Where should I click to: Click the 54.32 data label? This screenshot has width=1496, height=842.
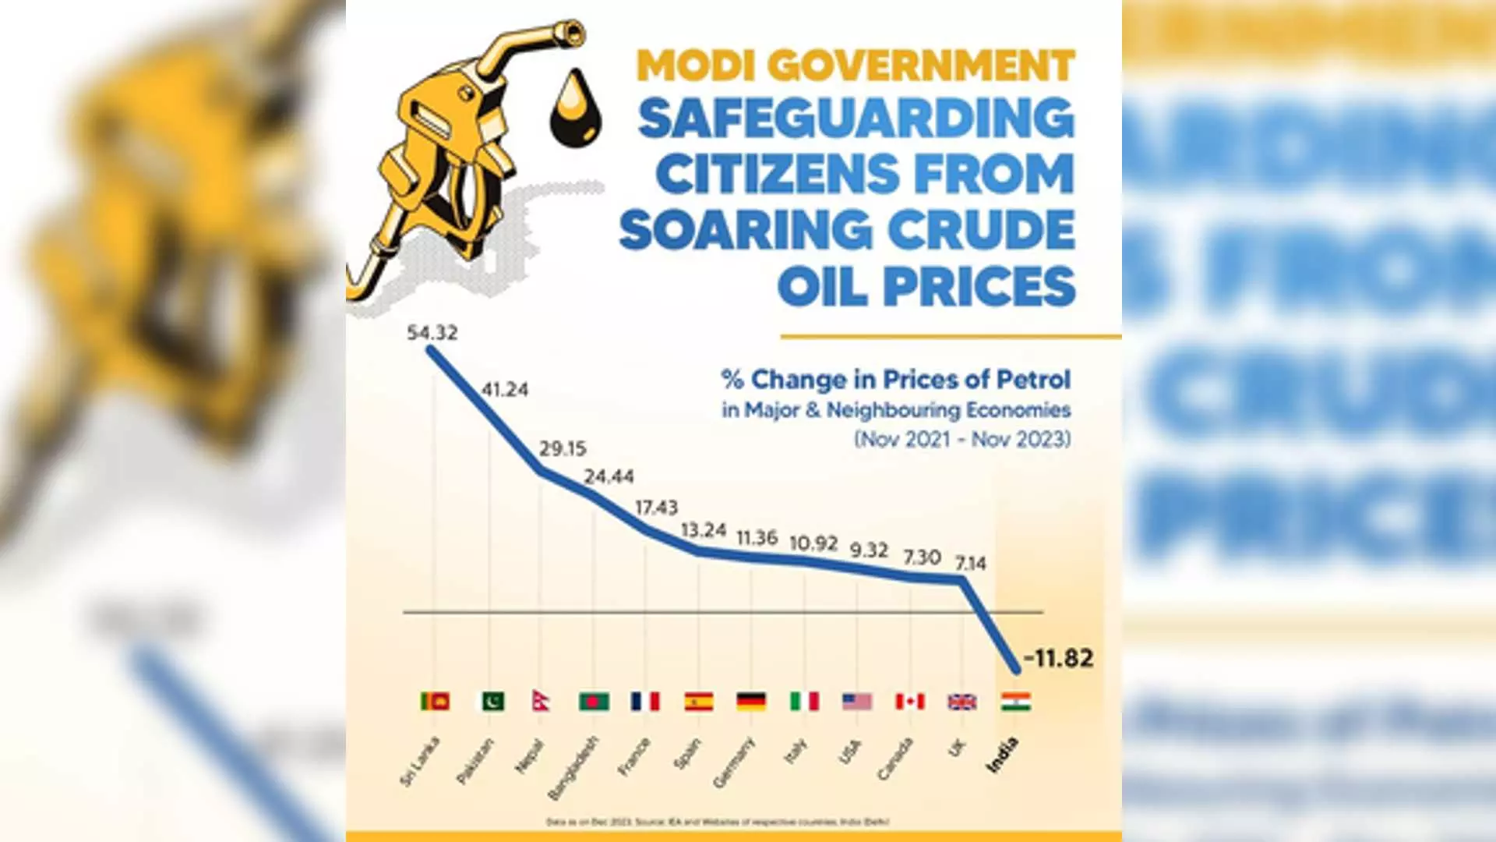(432, 333)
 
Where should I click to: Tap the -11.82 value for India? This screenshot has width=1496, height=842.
(1059, 658)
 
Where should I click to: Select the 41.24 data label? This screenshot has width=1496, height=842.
(505, 389)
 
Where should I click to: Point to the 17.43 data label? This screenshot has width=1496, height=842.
(656, 508)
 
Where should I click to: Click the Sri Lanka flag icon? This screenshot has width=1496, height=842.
(435, 702)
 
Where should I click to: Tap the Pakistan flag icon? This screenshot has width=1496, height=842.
(491, 702)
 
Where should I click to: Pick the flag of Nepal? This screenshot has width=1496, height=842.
(541, 701)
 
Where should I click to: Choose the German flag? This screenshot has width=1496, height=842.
(751, 702)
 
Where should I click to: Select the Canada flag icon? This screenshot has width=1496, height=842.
(910, 702)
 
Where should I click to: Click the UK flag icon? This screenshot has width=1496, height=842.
(962, 702)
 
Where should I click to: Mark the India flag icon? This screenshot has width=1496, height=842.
(1016, 702)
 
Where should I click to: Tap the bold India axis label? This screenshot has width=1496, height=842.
(1002, 755)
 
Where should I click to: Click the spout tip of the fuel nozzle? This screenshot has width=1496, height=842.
(574, 31)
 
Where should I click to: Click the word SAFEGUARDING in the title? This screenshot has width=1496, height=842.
(856, 119)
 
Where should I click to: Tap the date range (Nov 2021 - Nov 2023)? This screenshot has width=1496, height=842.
(962, 440)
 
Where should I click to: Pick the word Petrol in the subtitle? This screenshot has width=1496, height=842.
(1034, 380)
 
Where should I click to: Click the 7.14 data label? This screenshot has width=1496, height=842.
(971, 563)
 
